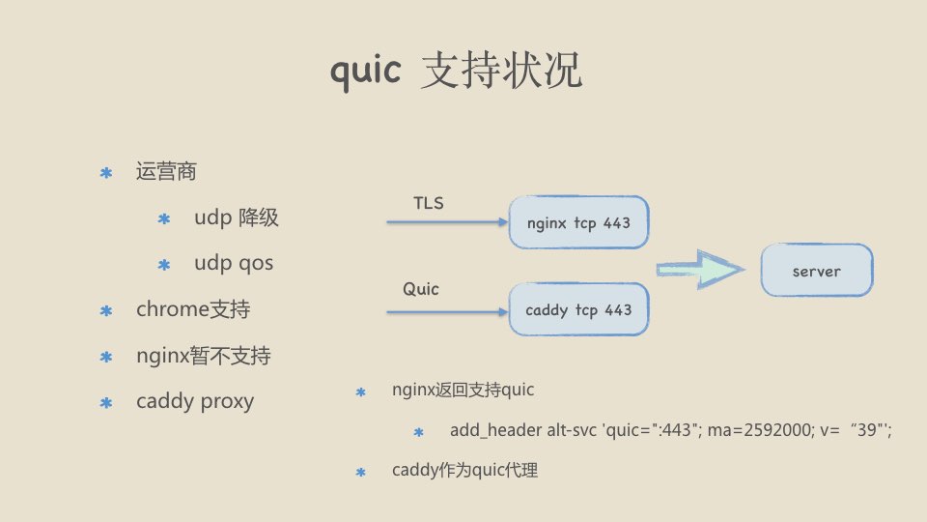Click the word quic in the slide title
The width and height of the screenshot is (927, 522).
pos(365,72)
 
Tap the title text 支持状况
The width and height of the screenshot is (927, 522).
pos(501,72)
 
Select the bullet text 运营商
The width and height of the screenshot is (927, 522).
pos(166,172)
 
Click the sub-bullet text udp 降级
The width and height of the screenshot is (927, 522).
pos(236,217)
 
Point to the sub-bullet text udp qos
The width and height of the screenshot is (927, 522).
pos(233,263)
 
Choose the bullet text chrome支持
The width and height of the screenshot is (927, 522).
pos(193,309)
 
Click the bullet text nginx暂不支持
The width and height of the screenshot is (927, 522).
pos(204,356)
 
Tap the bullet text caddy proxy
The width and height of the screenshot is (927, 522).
pos(195,401)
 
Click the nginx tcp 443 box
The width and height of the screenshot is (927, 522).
pos(578,223)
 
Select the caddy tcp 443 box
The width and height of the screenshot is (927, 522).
pos(578,309)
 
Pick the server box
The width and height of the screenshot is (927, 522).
pos(816,271)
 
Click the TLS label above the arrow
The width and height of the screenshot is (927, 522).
pos(429,203)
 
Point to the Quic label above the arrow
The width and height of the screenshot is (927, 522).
pos(421,289)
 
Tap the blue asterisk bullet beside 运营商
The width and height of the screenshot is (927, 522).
pos(106,173)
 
